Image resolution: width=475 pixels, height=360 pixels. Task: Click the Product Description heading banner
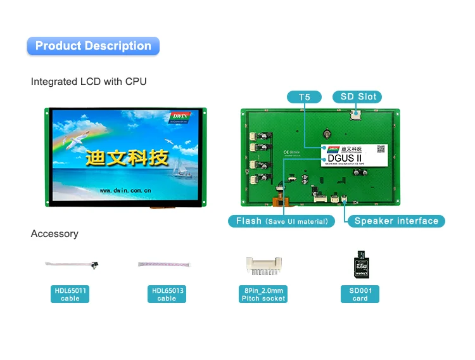[x=93, y=46]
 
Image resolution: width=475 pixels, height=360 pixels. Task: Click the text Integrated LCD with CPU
[x=89, y=82]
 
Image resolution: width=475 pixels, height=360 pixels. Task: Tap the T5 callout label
[x=304, y=97]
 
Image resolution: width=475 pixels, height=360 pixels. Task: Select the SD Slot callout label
[x=358, y=97]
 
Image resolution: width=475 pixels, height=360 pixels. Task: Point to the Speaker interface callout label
[x=396, y=221]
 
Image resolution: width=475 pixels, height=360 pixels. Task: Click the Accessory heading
[x=54, y=234]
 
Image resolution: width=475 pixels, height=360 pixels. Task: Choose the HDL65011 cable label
[x=70, y=294]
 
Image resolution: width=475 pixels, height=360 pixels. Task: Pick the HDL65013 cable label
[x=167, y=294]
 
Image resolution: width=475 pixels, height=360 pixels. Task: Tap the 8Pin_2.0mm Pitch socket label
[x=263, y=294]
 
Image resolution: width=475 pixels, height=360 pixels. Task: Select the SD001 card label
[x=360, y=294]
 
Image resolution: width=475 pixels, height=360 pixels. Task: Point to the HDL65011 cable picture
[x=70, y=264]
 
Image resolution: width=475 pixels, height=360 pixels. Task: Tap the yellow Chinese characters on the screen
[x=127, y=156]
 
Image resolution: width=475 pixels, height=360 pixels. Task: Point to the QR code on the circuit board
[x=381, y=148]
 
